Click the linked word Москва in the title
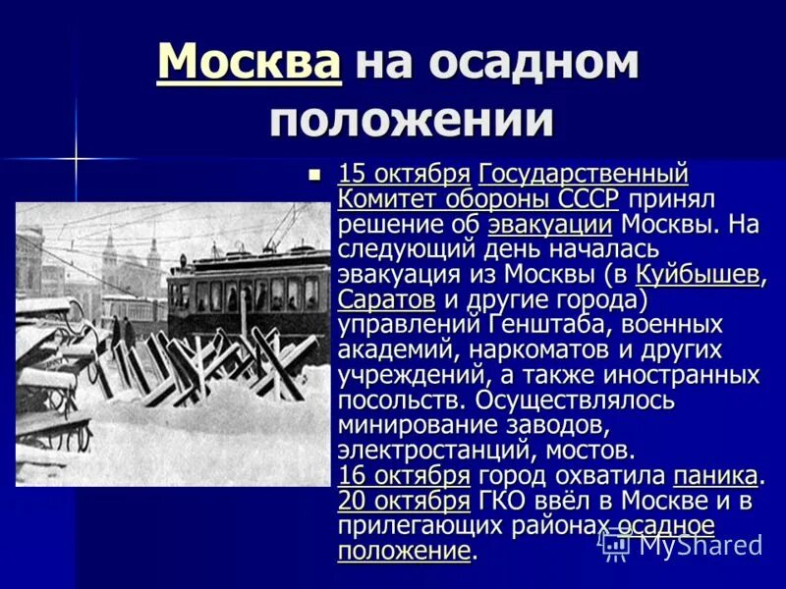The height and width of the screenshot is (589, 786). coord(249,62)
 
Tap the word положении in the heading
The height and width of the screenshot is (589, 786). coord(412,119)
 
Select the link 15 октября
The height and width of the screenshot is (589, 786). coord(404,174)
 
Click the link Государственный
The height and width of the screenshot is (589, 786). coord(583,174)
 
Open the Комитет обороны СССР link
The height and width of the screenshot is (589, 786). coord(478,198)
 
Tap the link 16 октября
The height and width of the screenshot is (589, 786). coord(404,475)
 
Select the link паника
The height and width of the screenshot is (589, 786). coord(715,475)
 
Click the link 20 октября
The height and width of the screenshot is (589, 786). coord(404,501)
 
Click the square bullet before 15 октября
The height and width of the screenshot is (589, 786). coord(314,175)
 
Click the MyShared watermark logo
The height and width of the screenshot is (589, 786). coord(682,544)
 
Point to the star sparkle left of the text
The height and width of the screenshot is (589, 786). coord(76,157)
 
